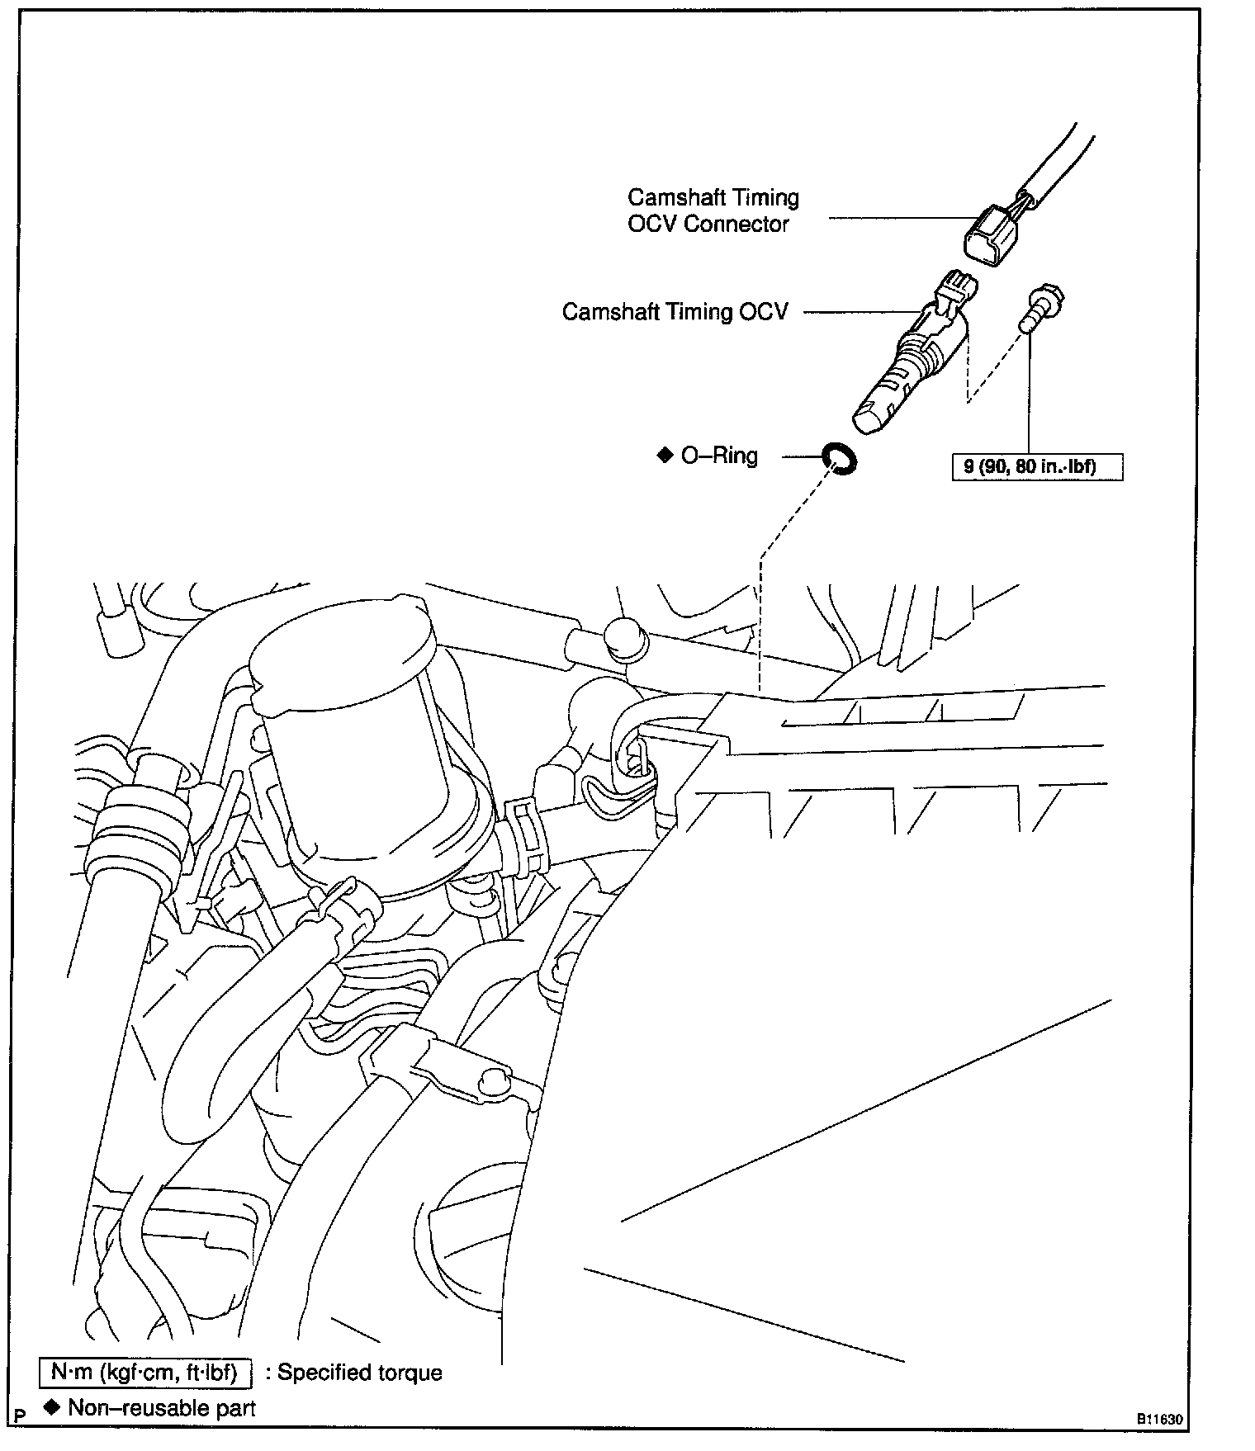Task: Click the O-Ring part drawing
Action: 839,458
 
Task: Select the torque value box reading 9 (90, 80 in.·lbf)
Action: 1036,467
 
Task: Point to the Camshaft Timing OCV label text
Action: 675,312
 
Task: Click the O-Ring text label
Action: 718,456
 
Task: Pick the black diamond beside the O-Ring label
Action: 665,455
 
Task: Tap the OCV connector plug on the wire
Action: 993,235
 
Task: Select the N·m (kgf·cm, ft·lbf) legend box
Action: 144,1373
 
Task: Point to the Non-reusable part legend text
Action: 162,1408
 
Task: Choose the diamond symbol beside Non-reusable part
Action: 53,1407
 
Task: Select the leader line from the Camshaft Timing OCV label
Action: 859,312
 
